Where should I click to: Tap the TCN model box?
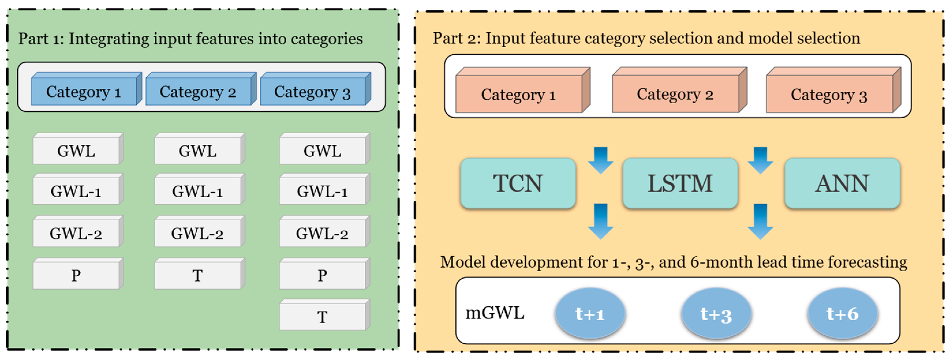click(518, 183)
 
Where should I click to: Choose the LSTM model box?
click(680, 183)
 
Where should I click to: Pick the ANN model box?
click(842, 183)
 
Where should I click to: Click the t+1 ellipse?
click(590, 314)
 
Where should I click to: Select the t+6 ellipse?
click(842, 314)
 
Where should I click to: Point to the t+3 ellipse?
click(716, 314)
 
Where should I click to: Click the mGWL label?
click(495, 313)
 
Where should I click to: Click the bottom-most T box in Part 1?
click(322, 317)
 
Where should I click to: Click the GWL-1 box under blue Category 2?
click(197, 191)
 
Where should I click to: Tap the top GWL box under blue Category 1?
click(76, 151)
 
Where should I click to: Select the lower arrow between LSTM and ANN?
click(760, 221)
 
